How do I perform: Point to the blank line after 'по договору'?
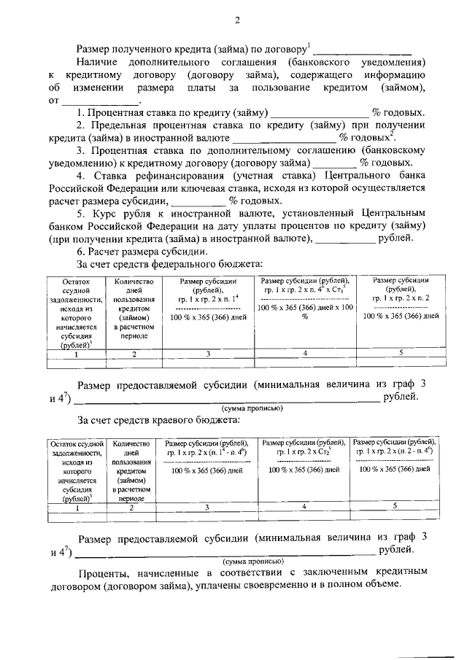tap(362, 52)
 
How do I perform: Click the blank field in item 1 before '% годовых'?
tap(320, 114)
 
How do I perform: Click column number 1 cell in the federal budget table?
tap(74, 354)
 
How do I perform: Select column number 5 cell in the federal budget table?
tap(401, 353)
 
